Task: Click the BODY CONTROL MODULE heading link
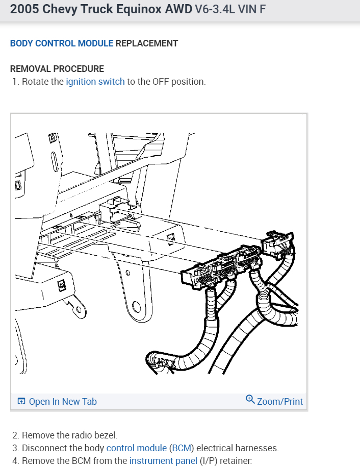click(62, 43)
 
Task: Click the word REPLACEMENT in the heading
click(147, 43)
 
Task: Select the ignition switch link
click(95, 82)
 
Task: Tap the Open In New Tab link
click(63, 402)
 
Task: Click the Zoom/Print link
click(280, 402)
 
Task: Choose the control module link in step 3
click(137, 448)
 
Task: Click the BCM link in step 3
click(182, 448)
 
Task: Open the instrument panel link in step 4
click(163, 461)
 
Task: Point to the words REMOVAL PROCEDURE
click(57, 69)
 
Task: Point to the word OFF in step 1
click(161, 82)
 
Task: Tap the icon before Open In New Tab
click(21, 402)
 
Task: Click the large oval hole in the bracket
click(136, 307)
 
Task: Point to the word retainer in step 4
click(236, 461)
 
